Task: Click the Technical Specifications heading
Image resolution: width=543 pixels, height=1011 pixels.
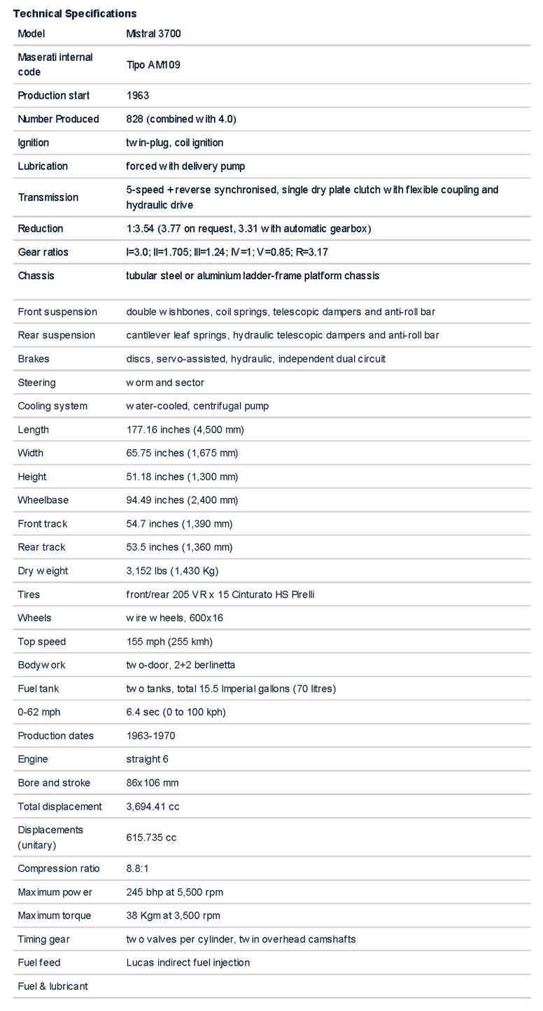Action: pyautogui.click(x=75, y=13)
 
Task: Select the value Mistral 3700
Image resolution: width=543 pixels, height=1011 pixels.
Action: pyautogui.click(x=153, y=34)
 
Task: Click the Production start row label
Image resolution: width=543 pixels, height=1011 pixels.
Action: pyautogui.click(x=54, y=95)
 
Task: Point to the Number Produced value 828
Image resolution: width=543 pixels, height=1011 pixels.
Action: pyautogui.click(x=181, y=119)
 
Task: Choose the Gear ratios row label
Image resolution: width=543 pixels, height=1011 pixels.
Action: pyautogui.click(x=43, y=252)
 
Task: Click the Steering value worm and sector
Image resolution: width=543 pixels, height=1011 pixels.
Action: pyautogui.click(x=165, y=383)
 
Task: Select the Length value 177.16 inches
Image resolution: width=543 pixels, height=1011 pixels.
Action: pyautogui.click(x=185, y=430)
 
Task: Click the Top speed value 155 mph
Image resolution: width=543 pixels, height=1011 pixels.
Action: pyautogui.click(x=169, y=642)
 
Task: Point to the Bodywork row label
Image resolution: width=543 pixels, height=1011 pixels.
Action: pyautogui.click(x=42, y=665)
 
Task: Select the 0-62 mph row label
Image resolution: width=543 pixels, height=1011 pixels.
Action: pyautogui.click(x=39, y=712)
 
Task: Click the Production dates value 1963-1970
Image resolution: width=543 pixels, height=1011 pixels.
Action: pyautogui.click(x=150, y=736)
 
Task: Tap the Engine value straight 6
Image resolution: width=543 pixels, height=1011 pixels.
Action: pyautogui.click(x=147, y=759)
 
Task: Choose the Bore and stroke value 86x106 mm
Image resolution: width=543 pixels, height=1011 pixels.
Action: pyautogui.click(x=153, y=783)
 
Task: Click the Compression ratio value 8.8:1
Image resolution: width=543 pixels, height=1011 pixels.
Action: pyautogui.click(x=138, y=868)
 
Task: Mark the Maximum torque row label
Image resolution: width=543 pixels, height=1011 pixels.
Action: pyautogui.click(x=55, y=916)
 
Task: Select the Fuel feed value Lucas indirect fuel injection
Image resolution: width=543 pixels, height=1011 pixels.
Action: pyautogui.click(x=188, y=963)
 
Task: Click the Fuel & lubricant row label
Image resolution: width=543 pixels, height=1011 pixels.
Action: pyautogui.click(x=53, y=987)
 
